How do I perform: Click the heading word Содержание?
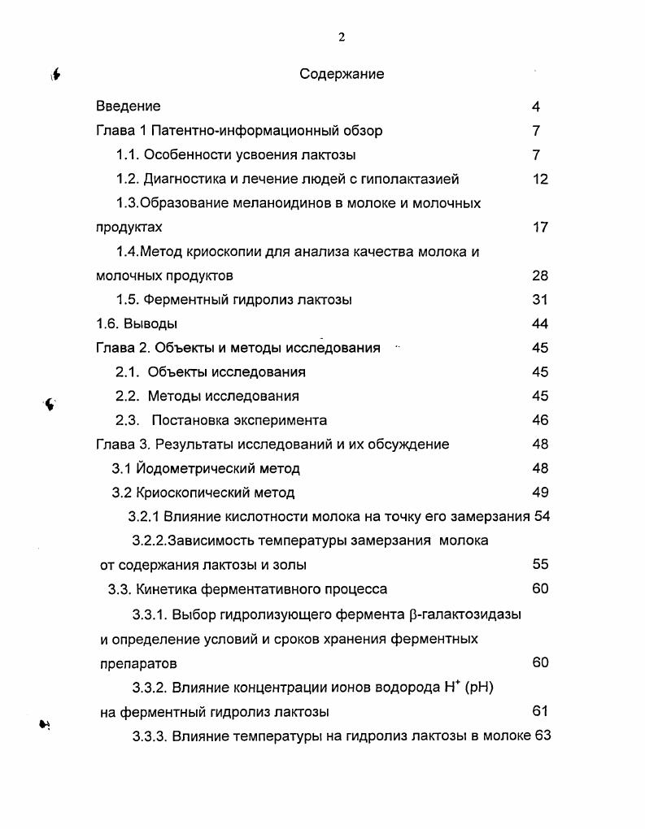342,74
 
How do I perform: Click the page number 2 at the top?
342,37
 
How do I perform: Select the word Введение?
129,106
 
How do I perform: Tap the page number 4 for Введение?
536,106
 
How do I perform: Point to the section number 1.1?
128,154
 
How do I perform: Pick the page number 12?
541,179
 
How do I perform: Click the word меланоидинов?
277,203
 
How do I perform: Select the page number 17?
541,228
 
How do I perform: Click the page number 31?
541,300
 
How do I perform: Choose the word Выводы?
150,323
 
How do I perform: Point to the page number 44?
541,323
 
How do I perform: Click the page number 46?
541,420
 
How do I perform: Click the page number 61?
541,712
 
